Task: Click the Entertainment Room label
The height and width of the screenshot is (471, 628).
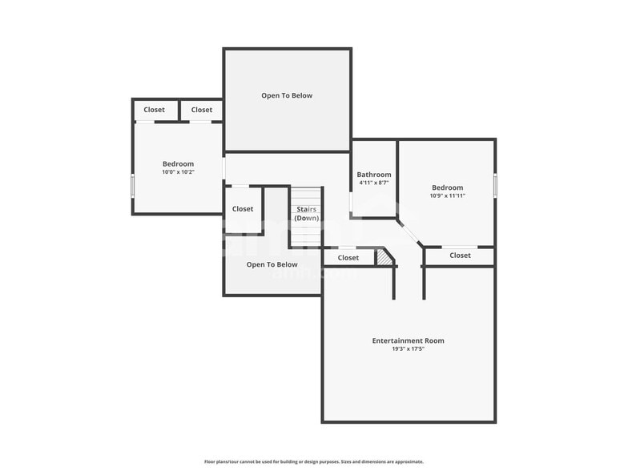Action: [x=408, y=340]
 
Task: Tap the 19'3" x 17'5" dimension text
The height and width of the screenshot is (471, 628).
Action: [x=408, y=349]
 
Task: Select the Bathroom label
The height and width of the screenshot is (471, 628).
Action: [x=374, y=175]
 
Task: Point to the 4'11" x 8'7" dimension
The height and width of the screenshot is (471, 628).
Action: [x=374, y=183]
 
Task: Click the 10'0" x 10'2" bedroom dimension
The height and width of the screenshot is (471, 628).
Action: [x=178, y=172]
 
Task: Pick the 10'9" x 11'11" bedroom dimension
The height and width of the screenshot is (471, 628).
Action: [x=447, y=196]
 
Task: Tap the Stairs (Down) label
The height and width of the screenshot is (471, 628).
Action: [x=306, y=214]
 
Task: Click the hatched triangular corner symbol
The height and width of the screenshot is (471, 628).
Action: [x=385, y=258]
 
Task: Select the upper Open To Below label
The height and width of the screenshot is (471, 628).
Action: [x=287, y=95]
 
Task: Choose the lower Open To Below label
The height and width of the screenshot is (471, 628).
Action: [x=272, y=264]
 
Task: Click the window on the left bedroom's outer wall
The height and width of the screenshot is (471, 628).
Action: [x=133, y=185]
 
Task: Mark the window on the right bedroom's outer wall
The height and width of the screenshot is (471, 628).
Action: [x=495, y=185]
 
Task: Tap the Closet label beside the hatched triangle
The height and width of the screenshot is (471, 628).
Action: [x=348, y=258]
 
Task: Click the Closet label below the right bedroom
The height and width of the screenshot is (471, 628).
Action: [x=460, y=256]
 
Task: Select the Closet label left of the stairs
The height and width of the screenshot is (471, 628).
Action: [x=243, y=209]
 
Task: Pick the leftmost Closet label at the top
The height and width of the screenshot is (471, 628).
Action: [x=155, y=110]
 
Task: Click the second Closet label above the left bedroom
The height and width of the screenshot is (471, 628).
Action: [x=202, y=110]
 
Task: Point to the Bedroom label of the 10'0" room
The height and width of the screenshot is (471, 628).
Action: [x=178, y=163]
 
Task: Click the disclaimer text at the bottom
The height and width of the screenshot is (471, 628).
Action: [x=314, y=461]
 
